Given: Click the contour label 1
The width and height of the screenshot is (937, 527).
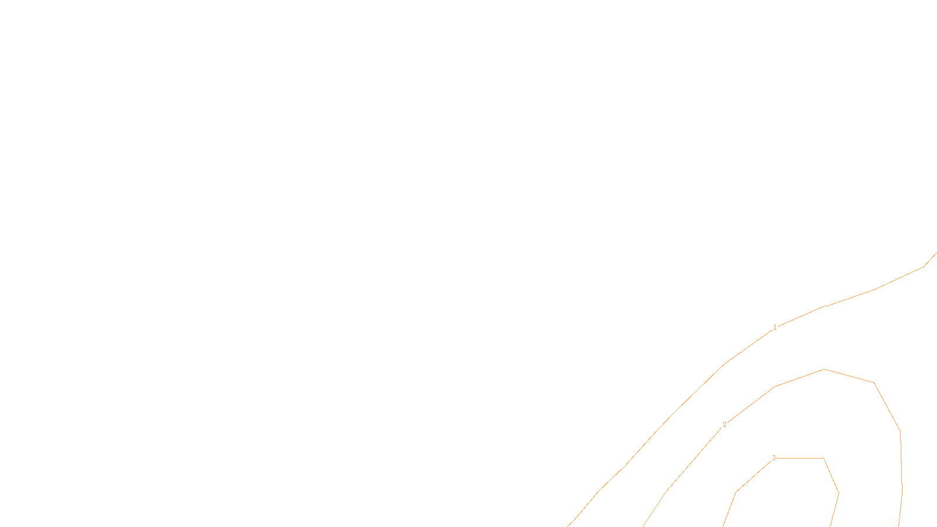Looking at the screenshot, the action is point(775,327).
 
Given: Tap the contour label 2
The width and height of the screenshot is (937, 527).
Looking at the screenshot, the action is point(724,425).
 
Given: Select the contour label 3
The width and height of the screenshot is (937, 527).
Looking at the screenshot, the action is point(774,458).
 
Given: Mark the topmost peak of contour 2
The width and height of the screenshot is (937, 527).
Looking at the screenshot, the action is point(824,369).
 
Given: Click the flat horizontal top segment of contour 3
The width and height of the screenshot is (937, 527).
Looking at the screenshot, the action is point(800,458).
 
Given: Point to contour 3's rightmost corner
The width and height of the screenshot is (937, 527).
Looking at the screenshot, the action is point(839,493).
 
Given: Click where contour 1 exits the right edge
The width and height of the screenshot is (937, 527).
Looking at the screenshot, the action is point(936,253).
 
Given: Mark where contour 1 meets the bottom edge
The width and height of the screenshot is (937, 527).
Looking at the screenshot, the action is point(567,526).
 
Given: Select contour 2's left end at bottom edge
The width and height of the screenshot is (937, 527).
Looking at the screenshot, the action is point(643,526).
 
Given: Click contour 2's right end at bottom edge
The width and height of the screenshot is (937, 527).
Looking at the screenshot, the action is point(899,526).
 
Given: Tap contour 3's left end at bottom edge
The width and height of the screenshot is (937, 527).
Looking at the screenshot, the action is point(723,526).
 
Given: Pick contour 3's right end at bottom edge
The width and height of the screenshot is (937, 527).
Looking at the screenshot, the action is point(830,526).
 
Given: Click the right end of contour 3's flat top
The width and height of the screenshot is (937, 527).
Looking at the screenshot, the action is point(823,458).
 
